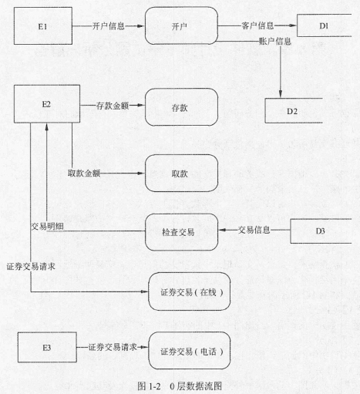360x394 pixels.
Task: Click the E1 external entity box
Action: tap(43, 26)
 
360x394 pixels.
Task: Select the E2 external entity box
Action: tap(47, 104)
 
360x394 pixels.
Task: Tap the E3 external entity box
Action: tap(47, 347)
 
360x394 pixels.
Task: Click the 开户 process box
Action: tap(181, 25)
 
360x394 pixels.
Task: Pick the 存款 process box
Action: tap(181, 107)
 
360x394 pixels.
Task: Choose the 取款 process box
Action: tap(181, 173)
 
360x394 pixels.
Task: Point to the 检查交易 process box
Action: tap(181, 232)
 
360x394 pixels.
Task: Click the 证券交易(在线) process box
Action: tap(190, 291)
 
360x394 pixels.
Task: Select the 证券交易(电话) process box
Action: tap(190, 351)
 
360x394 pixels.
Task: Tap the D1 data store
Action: tap(324, 25)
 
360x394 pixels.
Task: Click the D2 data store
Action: tap(294, 111)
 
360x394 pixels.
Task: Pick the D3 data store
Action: tap(321, 231)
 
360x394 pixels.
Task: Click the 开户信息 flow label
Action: tap(108, 26)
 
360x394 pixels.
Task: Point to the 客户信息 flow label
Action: tap(257, 25)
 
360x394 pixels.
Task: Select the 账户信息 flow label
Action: tap(275, 41)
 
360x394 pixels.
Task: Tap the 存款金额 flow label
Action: tap(113, 106)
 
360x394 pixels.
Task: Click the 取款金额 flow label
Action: tap(84, 173)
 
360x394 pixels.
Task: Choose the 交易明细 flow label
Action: tap(47, 226)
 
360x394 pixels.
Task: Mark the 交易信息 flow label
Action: tap(254, 230)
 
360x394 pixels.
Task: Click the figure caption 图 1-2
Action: tap(149, 386)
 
